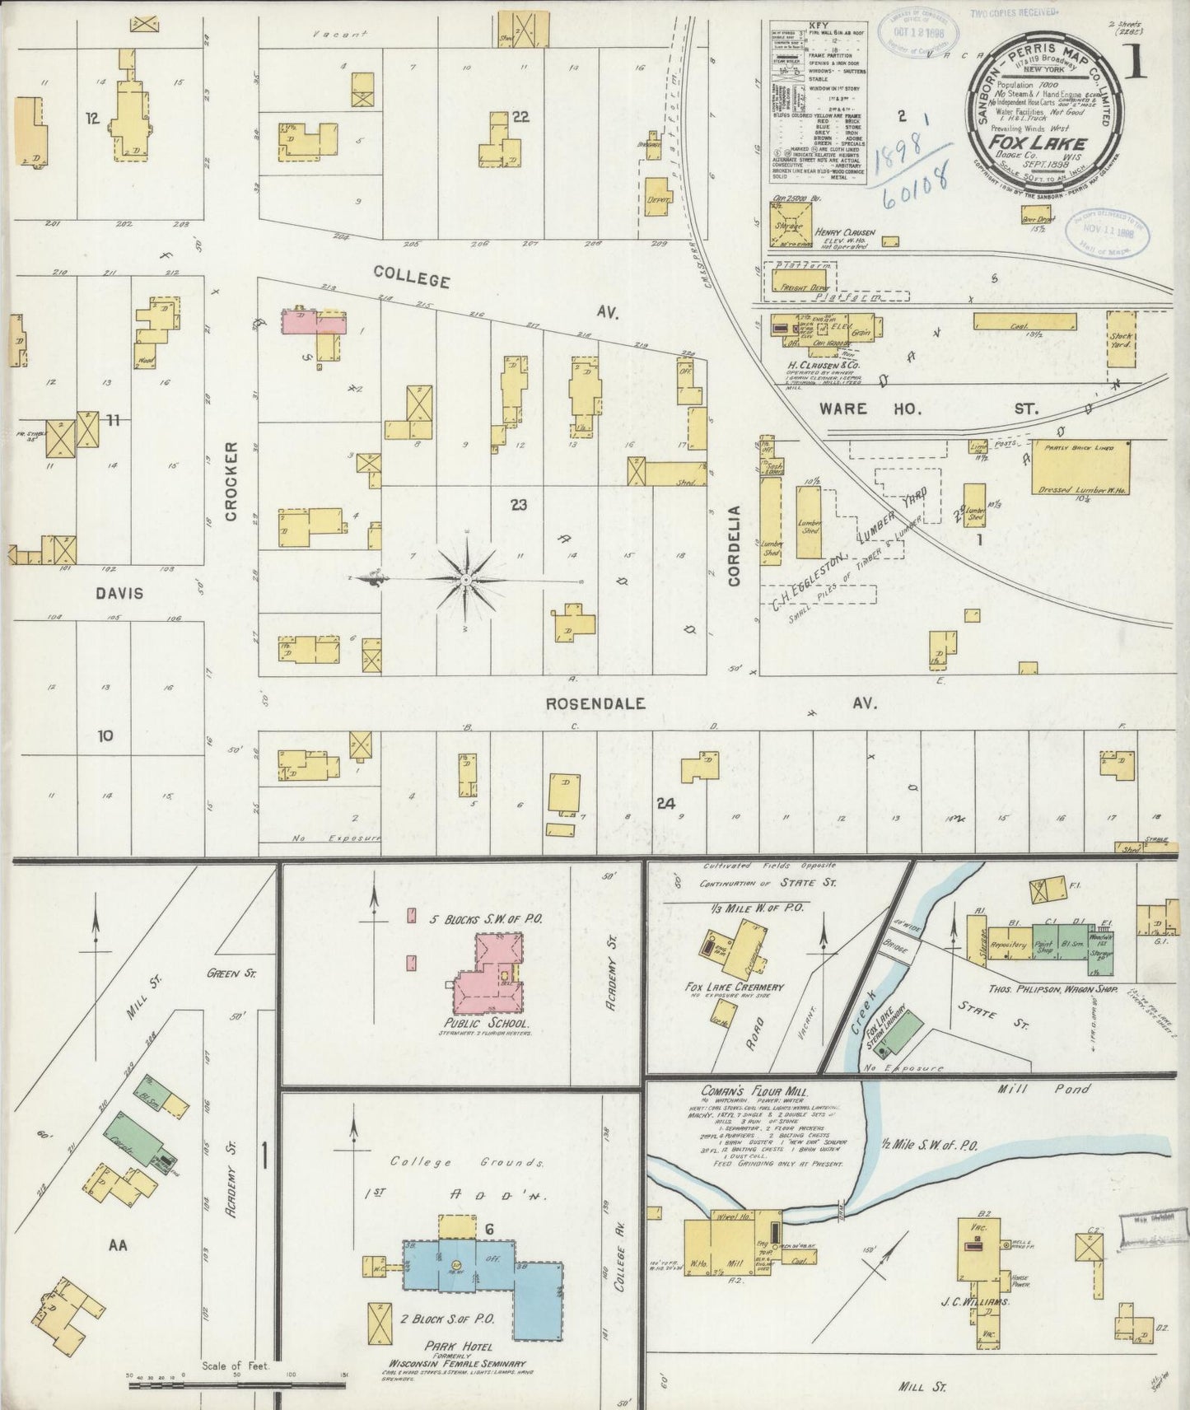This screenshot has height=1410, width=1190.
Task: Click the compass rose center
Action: pos(467,581)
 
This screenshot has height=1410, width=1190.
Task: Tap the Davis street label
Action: pos(119,593)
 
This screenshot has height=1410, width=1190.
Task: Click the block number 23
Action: pos(518,505)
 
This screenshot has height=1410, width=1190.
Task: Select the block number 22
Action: pos(520,117)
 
